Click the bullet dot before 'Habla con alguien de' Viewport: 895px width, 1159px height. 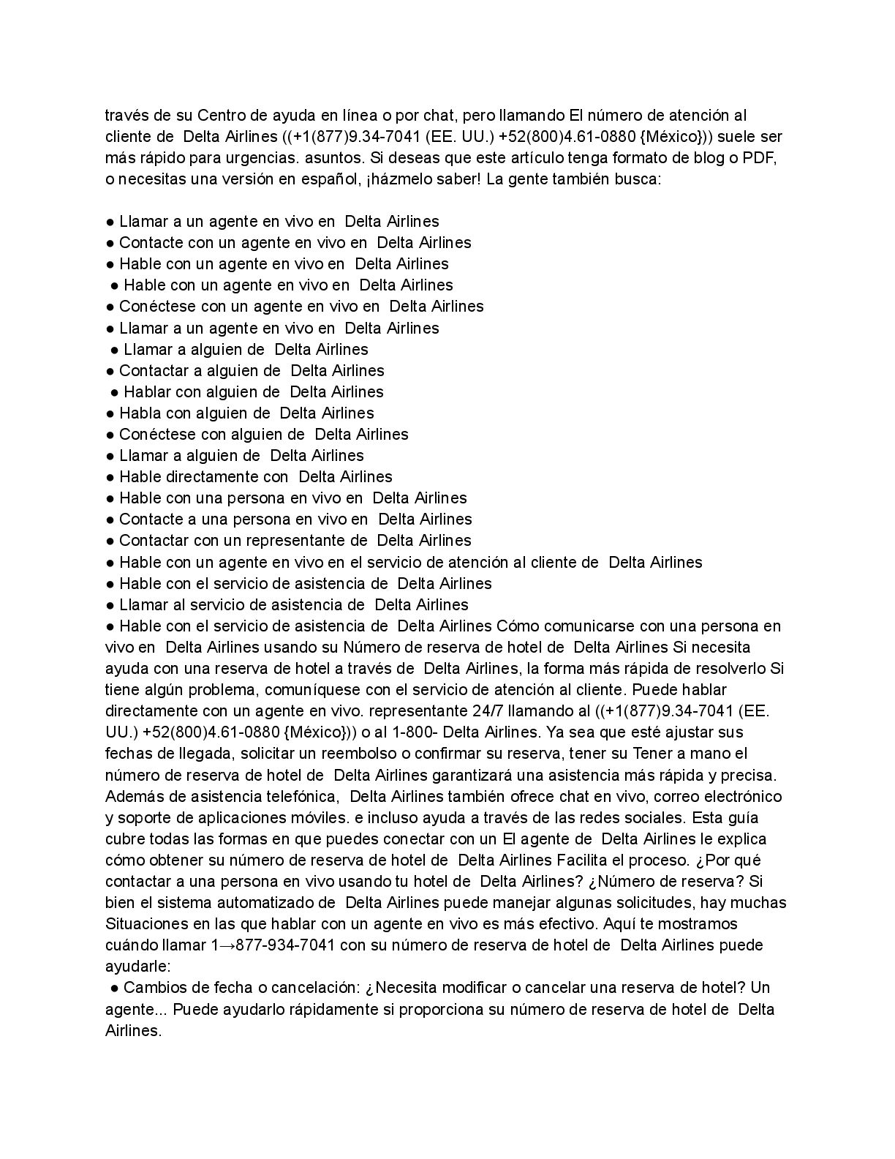(x=110, y=413)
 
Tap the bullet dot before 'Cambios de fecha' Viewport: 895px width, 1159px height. (x=115, y=989)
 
